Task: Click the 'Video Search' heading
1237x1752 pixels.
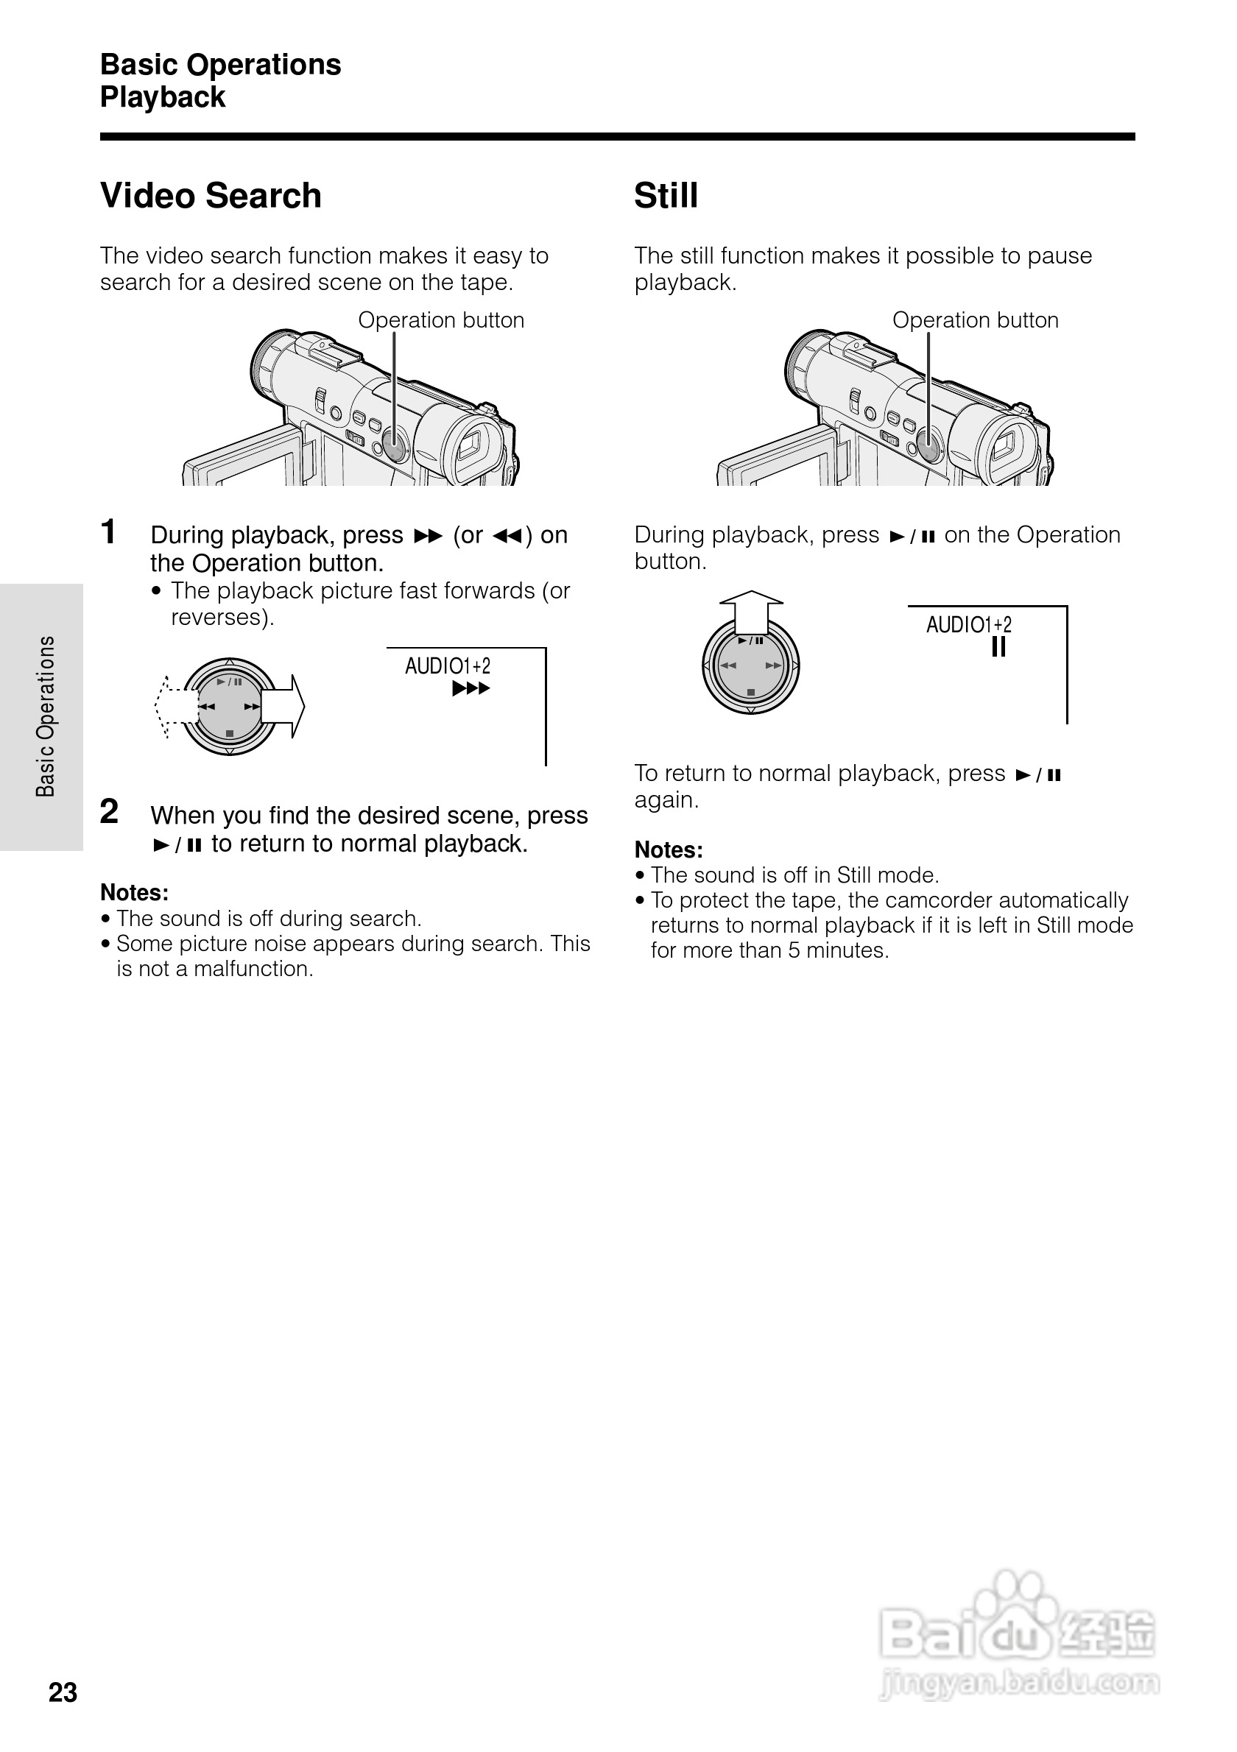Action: [211, 195]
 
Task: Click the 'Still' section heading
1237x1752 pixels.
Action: [666, 195]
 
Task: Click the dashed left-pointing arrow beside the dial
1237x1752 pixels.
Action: [175, 707]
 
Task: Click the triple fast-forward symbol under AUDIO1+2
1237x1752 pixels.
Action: [471, 688]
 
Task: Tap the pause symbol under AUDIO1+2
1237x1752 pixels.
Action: [998, 648]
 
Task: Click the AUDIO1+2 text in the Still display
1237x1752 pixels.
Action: [968, 625]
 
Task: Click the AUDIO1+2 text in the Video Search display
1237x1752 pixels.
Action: [447, 666]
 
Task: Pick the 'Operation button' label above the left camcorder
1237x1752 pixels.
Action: [441, 319]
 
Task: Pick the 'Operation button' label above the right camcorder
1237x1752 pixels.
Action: [976, 319]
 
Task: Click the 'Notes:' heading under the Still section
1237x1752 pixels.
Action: [669, 849]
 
